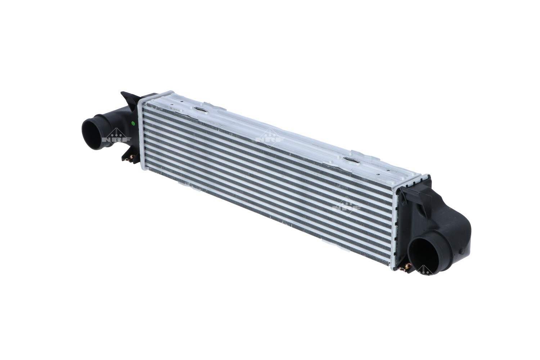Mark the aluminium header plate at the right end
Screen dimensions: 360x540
tap(395, 230)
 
